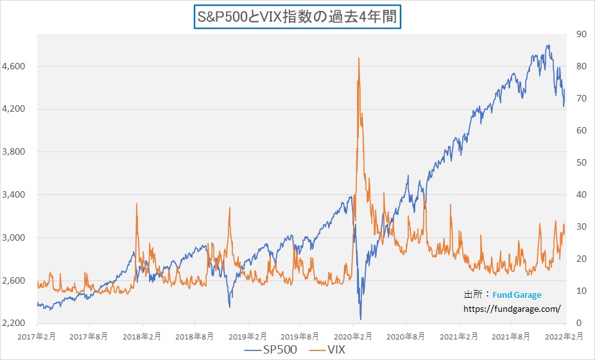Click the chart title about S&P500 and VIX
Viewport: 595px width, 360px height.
pyautogui.click(x=297, y=17)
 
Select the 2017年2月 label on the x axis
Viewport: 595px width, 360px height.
pyautogui.click(x=37, y=335)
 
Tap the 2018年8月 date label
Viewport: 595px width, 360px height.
pyautogui.click(x=194, y=335)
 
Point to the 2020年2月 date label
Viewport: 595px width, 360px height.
pyautogui.click(x=353, y=335)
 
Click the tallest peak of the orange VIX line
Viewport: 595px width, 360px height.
pyautogui.click(x=358, y=58)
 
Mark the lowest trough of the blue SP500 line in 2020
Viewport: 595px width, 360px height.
pyautogui.click(x=361, y=319)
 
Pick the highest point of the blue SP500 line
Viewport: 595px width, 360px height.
pyautogui.click(x=548, y=46)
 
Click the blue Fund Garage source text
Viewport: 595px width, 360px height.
pyautogui.click(x=517, y=295)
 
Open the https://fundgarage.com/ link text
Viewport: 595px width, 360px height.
pyautogui.click(x=512, y=309)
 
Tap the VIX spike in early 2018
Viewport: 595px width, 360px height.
pyautogui.click(x=137, y=204)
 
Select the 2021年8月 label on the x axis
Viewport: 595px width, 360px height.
pyautogui.click(x=511, y=335)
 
